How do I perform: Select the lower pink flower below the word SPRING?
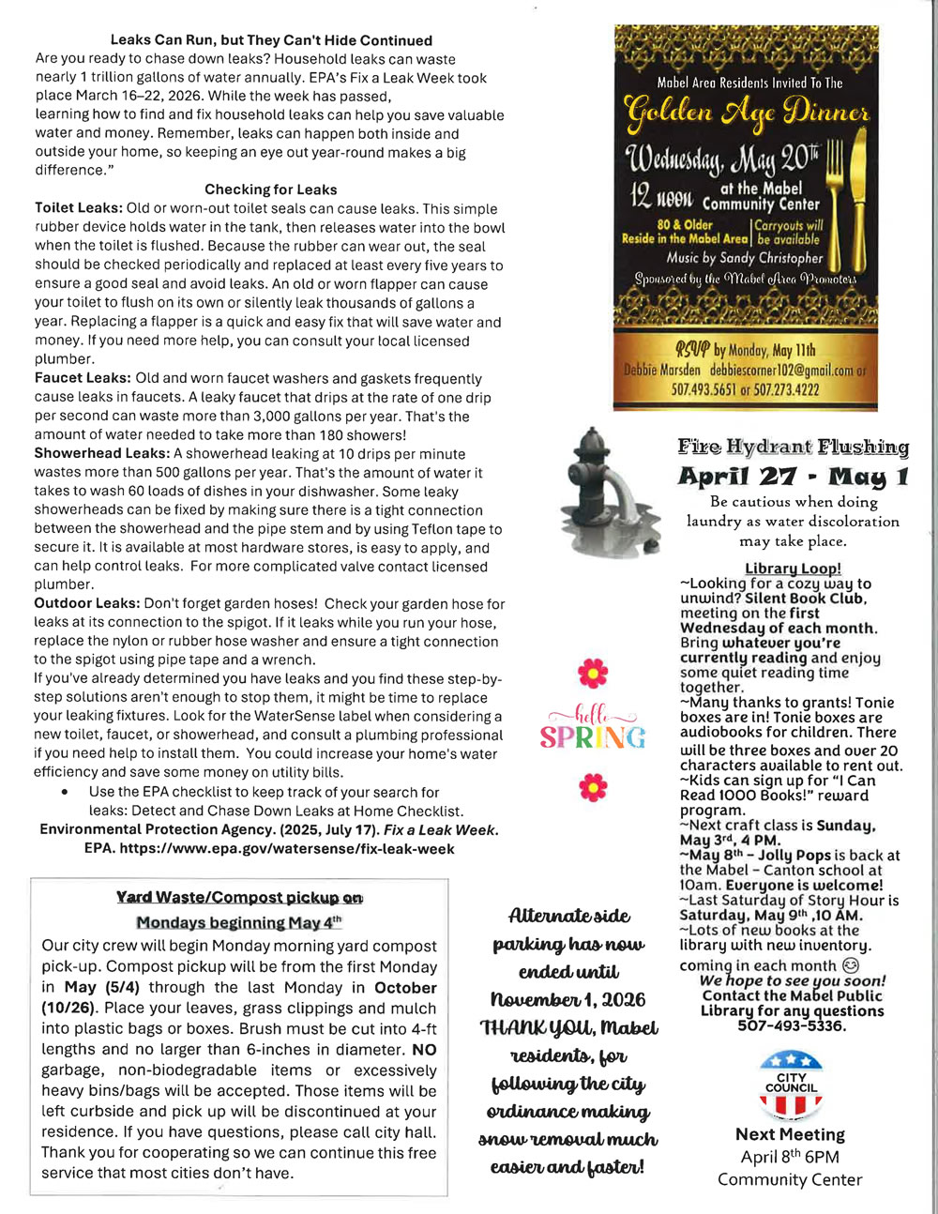click(x=593, y=786)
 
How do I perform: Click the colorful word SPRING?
click(x=593, y=737)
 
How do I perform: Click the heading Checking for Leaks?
click(x=270, y=190)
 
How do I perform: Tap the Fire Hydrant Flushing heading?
click(x=793, y=447)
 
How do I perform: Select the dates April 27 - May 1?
click(x=793, y=477)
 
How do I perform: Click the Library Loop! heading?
click(x=793, y=569)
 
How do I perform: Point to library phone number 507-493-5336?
click(x=792, y=1025)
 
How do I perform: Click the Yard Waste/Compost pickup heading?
click(x=239, y=898)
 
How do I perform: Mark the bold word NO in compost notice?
click(x=424, y=1050)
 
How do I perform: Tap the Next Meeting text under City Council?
click(x=790, y=1134)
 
